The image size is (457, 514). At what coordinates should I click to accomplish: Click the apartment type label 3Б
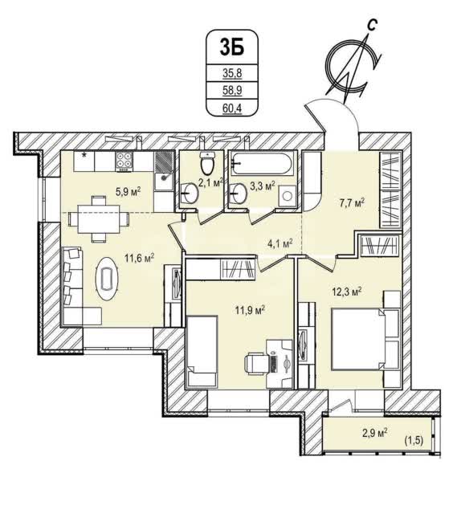point(232,47)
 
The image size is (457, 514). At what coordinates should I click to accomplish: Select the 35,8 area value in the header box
point(232,73)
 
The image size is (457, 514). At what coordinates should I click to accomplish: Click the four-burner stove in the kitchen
point(124,161)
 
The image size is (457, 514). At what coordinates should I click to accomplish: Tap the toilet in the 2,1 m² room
point(207,163)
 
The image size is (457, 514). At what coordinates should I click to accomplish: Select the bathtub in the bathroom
point(262,163)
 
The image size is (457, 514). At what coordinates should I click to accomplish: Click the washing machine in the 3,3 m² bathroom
point(288,196)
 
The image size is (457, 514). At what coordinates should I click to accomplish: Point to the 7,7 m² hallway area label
point(352,203)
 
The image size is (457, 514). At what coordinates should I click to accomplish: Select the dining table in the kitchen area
point(99,218)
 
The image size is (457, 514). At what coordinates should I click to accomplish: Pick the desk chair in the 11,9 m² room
point(256,364)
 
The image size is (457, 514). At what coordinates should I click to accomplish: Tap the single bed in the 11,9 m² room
point(202,352)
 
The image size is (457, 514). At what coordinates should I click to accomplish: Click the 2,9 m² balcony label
point(374,434)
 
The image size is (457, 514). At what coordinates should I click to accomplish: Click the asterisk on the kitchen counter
point(84,156)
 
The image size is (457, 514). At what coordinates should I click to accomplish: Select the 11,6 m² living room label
point(140,258)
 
